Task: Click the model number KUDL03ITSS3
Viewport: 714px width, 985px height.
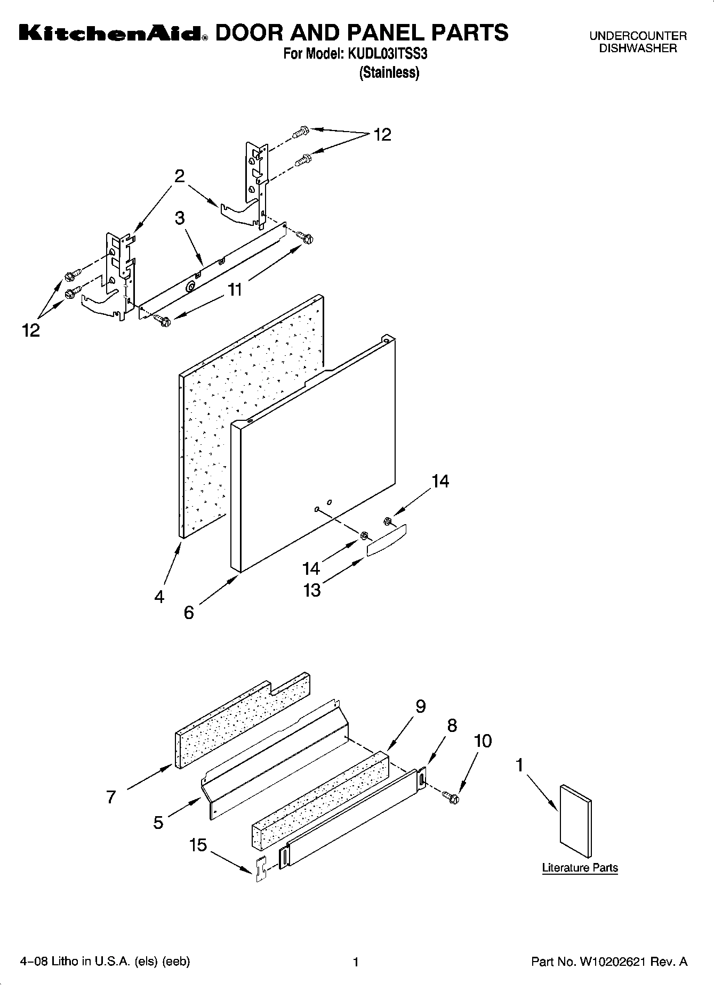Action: point(388,54)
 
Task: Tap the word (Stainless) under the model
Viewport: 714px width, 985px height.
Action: point(389,73)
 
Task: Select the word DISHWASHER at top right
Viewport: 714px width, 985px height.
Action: point(638,48)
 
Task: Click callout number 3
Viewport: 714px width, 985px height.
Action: point(180,218)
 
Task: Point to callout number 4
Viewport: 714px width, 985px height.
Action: point(159,597)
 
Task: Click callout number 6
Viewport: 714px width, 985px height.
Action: point(189,613)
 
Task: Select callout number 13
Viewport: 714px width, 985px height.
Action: point(312,590)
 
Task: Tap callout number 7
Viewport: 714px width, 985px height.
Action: point(111,797)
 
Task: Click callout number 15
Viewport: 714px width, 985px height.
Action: point(198,845)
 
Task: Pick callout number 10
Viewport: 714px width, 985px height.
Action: point(483,741)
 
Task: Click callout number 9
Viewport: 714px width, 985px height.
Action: point(420,706)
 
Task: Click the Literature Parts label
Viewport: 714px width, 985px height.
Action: point(580,868)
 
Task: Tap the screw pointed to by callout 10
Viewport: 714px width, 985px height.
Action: point(451,797)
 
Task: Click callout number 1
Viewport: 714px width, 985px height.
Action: point(519,766)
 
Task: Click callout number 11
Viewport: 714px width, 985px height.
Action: point(235,290)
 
